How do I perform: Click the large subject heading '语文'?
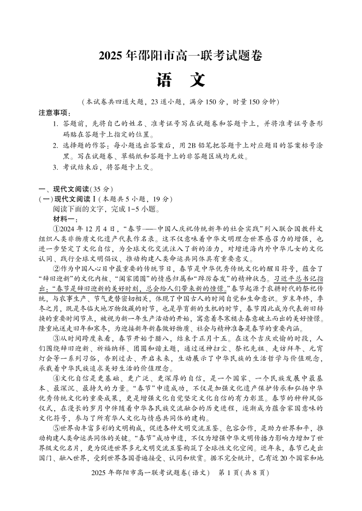click(x=180, y=80)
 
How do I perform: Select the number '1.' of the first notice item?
click(x=56, y=124)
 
